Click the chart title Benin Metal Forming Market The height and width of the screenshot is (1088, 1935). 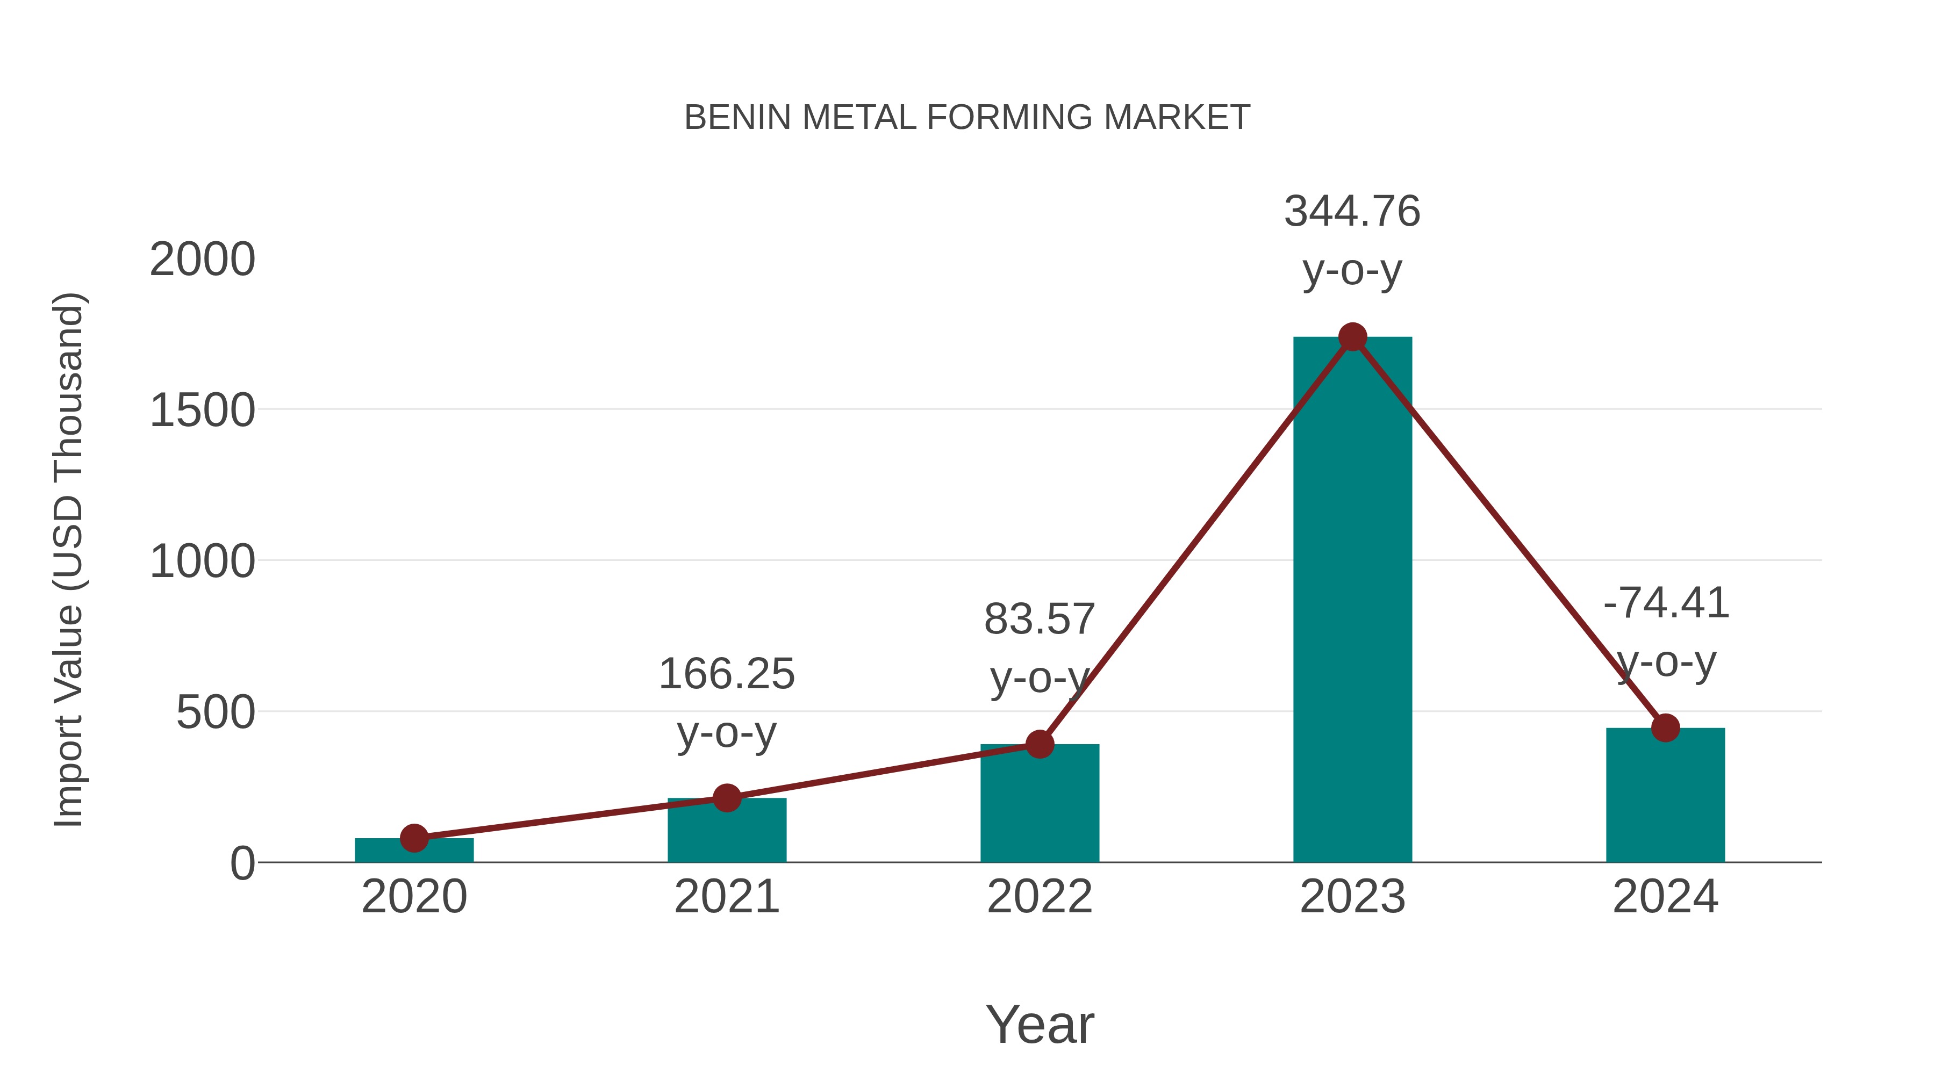coord(967,118)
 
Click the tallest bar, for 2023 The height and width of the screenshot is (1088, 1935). coord(1352,601)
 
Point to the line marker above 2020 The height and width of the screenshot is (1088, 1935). coord(414,838)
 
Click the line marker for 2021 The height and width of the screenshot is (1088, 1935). coord(726,797)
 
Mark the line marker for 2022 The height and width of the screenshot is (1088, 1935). coord(1040,744)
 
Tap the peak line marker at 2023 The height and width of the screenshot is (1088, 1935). coord(1352,337)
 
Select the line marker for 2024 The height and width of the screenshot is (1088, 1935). coord(1665,727)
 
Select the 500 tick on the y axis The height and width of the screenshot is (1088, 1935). coord(216,712)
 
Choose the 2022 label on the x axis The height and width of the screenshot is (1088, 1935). coord(1040,897)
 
